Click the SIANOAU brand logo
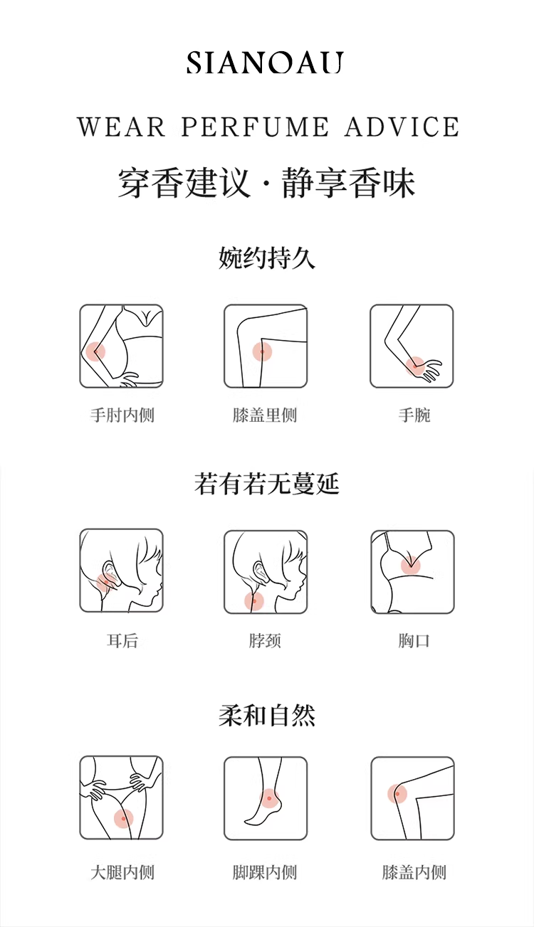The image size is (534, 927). [265, 63]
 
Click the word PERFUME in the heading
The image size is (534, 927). [255, 127]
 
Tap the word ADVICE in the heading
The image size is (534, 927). [402, 127]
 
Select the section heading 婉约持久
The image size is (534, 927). [267, 258]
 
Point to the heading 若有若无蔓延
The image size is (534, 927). [267, 483]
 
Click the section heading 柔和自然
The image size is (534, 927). [267, 715]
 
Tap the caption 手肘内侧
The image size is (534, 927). [122, 415]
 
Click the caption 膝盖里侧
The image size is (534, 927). [265, 415]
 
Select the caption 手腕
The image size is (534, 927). [414, 415]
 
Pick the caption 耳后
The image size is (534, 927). [122, 640]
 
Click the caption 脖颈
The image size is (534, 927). [265, 640]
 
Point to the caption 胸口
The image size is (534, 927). [414, 640]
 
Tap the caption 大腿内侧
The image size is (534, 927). [122, 872]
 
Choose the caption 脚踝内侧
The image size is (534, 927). [265, 872]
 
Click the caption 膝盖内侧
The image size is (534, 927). [414, 872]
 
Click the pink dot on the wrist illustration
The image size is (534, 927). [414, 366]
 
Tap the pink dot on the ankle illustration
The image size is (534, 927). [269, 798]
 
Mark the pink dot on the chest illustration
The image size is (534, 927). [411, 566]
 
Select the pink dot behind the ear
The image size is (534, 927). [105, 582]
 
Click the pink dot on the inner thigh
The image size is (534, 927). [123, 818]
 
